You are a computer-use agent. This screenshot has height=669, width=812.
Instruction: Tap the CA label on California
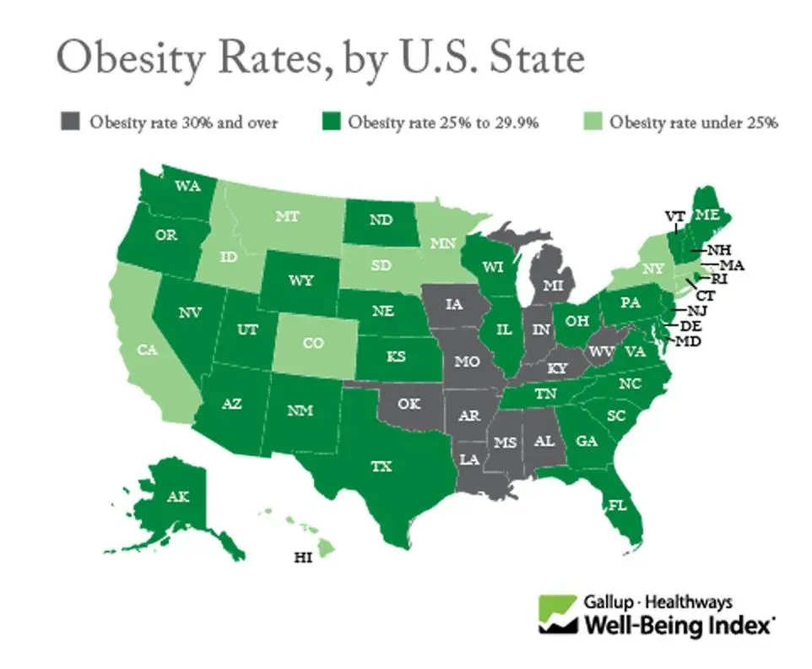click(148, 349)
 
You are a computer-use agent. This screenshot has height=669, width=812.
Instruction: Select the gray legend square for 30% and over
click(68, 122)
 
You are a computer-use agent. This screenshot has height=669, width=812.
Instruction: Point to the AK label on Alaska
click(179, 496)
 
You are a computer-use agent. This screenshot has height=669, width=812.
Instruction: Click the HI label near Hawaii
click(301, 558)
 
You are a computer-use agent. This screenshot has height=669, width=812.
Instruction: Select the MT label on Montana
click(286, 217)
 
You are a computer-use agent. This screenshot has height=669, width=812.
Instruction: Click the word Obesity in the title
click(124, 58)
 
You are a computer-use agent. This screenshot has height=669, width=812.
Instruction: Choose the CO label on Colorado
click(313, 343)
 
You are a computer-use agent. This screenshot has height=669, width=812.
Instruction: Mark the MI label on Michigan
click(553, 286)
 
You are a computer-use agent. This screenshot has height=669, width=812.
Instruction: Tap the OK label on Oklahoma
click(409, 404)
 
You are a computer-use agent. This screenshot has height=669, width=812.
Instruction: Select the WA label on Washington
click(187, 187)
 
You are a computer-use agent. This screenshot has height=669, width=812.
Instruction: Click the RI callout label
click(720, 278)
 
